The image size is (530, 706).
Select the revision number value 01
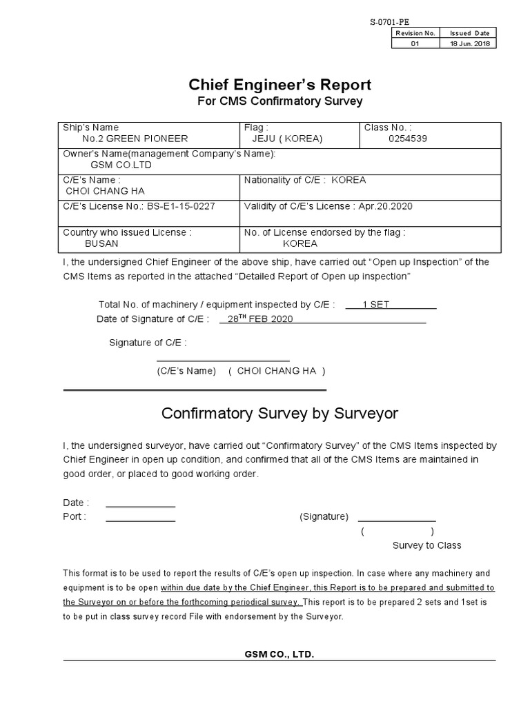click(x=415, y=43)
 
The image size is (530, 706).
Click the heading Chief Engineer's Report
click(x=280, y=85)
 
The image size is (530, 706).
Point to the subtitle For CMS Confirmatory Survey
click(x=280, y=101)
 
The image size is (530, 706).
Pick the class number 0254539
click(x=408, y=139)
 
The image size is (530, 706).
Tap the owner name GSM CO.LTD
click(x=121, y=165)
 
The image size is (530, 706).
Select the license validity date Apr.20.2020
click(x=383, y=206)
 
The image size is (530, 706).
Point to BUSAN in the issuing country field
click(x=101, y=243)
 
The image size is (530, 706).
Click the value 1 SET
click(x=376, y=305)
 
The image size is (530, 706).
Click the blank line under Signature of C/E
click(x=223, y=359)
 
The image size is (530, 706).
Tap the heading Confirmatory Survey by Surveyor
click(x=280, y=413)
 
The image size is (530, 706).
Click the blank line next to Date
click(x=140, y=506)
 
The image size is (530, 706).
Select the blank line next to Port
click(x=140, y=520)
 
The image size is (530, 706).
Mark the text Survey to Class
click(x=426, y=545)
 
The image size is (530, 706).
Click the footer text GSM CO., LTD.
click(x=279, y=654)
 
